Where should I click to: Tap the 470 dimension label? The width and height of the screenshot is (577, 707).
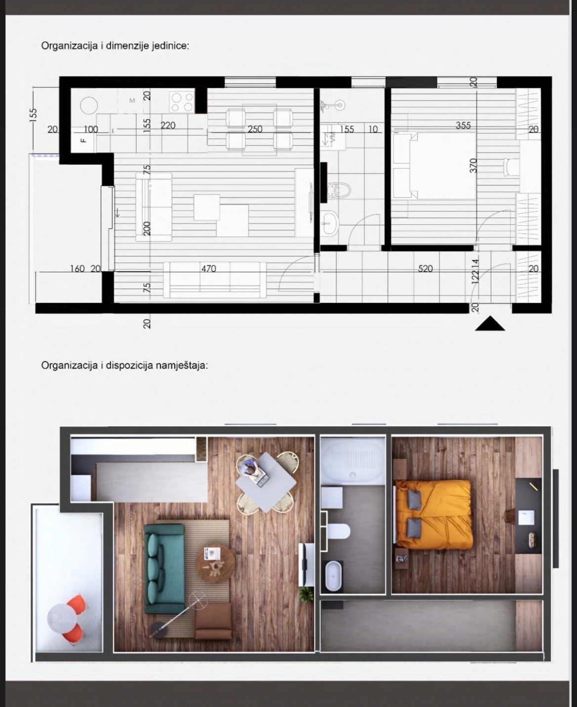pos(208,269)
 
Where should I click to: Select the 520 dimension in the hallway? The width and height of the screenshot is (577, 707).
pos(425,269)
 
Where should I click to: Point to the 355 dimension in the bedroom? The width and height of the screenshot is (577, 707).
pos(463,125)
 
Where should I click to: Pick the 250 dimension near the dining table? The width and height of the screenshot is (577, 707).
pos(255,129)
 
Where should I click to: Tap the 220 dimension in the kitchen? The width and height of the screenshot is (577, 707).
pos(168,125)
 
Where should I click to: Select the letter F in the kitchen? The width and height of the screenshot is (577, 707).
pos(83,140)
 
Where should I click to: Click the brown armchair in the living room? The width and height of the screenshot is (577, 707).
pos(213,622)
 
